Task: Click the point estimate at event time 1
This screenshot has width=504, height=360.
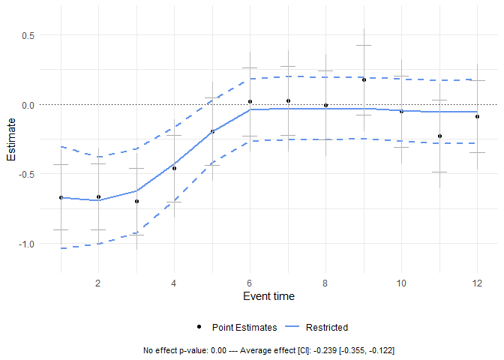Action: pos(61,197)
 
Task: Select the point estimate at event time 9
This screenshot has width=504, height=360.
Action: pos(364,79)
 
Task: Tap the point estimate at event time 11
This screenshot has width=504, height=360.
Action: pos(439,136)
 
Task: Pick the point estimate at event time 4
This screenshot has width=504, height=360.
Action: pos(174,168)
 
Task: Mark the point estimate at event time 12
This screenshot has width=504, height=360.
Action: pos(477,116)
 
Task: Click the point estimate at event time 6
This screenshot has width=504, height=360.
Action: pos(250,101)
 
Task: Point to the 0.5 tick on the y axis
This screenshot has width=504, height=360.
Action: pos(31,35)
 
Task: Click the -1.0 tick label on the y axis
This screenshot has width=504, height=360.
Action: pos(29,244)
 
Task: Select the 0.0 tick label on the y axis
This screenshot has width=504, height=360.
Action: pos(31,105)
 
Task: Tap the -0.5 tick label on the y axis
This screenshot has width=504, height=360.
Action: pos(29,174)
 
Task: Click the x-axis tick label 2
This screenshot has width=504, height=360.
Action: pos(98,283)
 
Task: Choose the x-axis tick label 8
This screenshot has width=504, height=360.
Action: pos(325,283)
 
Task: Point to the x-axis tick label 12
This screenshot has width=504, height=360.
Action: pos(477,283)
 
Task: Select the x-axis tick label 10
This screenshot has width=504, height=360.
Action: pos(401,283)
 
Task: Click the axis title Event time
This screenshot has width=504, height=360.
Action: pos(268,296)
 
